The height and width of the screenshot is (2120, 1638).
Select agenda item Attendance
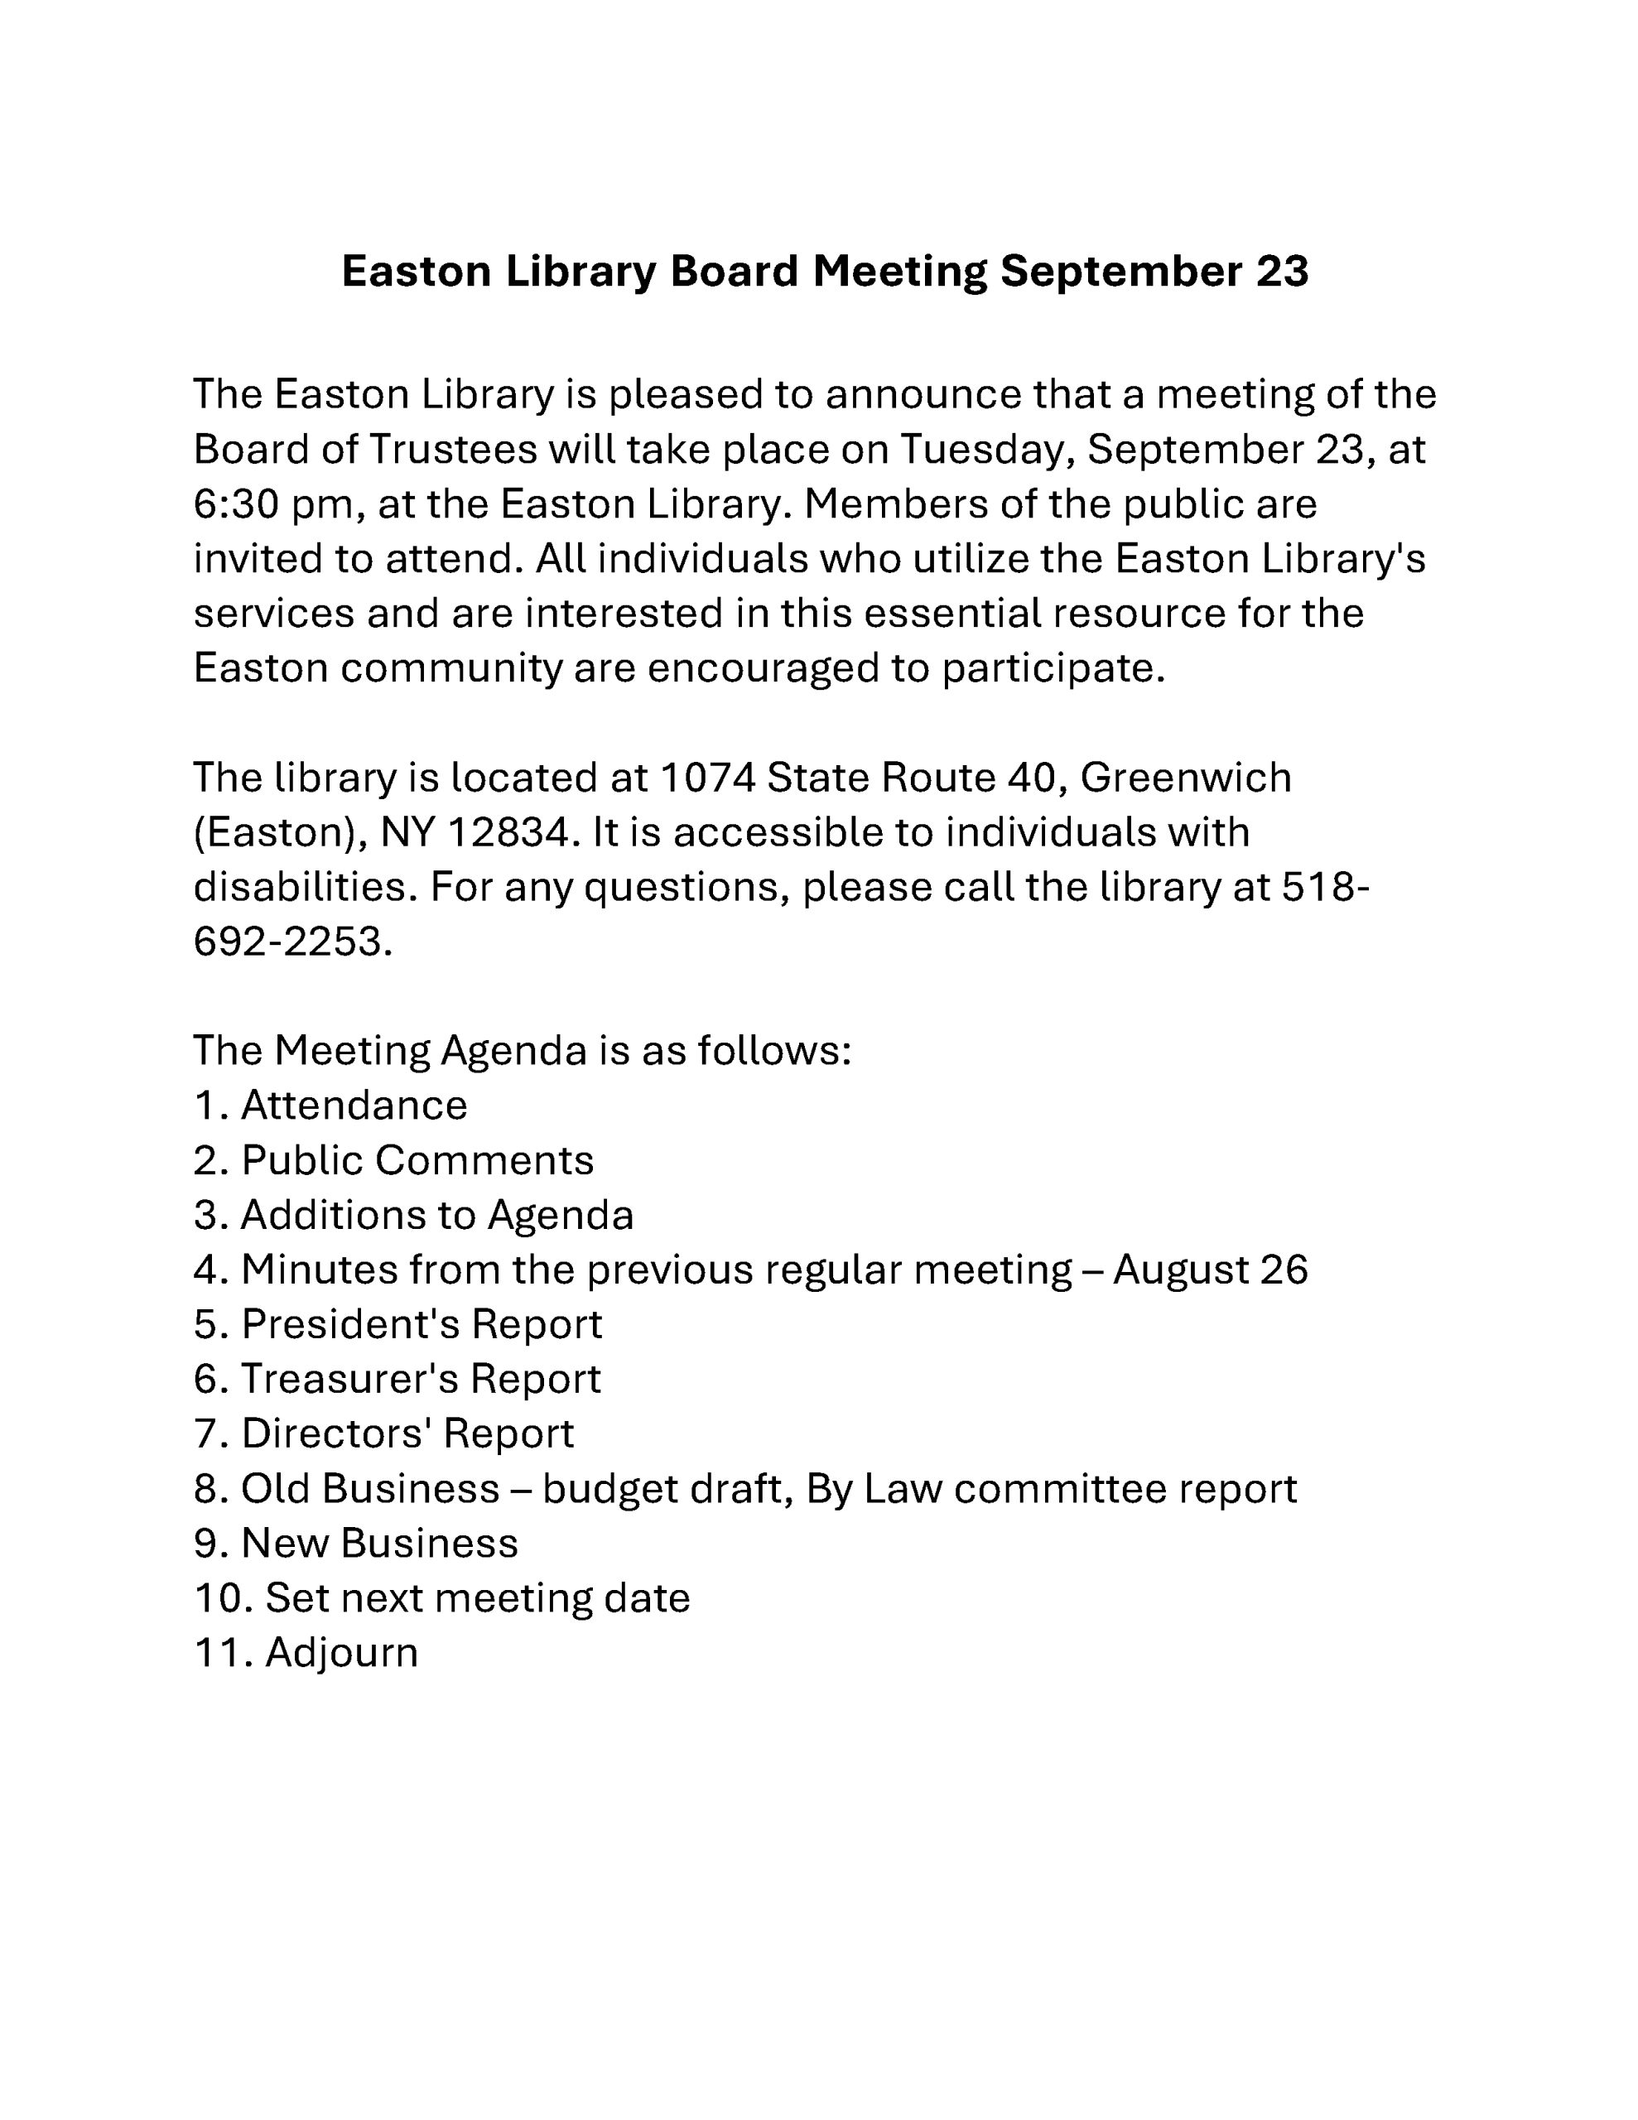coord(354,1106)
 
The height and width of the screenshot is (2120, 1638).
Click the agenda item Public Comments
coord(417,1161)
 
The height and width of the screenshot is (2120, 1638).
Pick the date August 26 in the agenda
coord(1210,1270)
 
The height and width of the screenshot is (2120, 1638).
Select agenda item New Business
coord(378,1544)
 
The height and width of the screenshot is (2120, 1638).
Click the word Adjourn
coord(341,1653)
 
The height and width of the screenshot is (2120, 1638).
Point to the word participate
coord(1052,669)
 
